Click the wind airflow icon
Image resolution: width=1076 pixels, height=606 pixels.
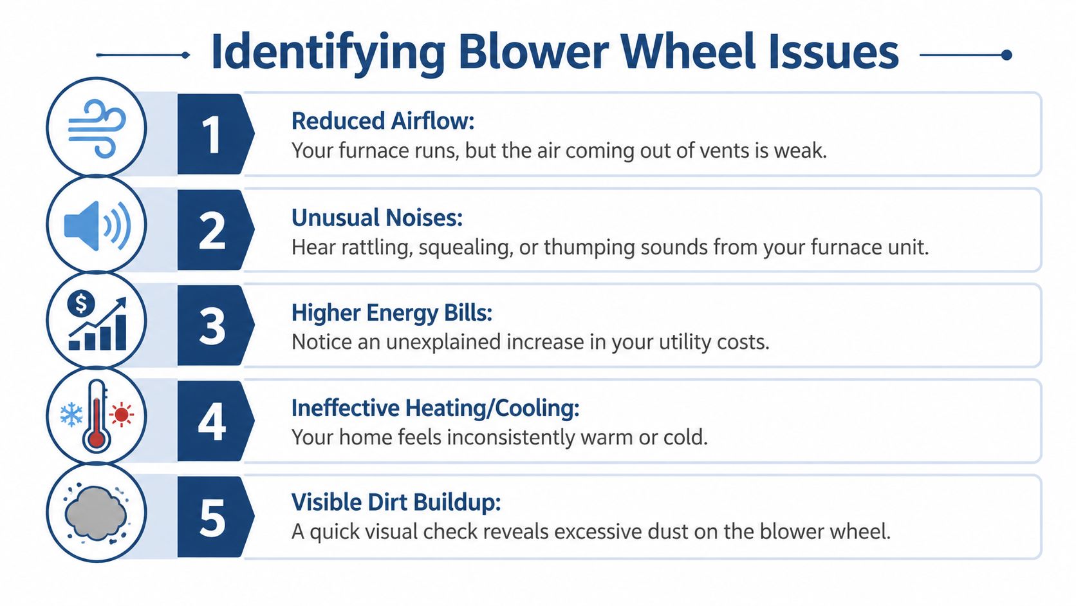coord(97,128)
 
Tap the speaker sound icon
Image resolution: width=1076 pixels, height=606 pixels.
coord(97,225)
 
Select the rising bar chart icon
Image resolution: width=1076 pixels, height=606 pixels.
coord(98,325)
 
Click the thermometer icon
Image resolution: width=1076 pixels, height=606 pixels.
coord(97,416)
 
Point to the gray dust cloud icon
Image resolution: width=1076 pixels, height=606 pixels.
coord(96,513)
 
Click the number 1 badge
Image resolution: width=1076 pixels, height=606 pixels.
coord(212,135)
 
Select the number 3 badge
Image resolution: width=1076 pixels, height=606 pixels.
coord(212,326)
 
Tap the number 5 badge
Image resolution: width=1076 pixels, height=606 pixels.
coord(212,518)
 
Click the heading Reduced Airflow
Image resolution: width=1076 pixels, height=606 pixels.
coord(382,121)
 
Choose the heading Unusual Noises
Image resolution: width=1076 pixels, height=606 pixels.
coord(376,218)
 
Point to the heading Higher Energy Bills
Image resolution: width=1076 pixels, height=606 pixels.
coord(391,313)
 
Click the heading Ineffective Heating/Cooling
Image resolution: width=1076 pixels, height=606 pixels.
coord(435,408)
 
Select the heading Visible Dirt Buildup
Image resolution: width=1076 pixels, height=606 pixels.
coord(396,502)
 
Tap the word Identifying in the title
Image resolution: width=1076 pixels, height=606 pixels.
coord(328,53)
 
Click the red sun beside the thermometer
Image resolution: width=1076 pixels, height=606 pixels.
coord(121,414)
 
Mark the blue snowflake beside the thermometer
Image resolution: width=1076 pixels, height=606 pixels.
coord(71,415)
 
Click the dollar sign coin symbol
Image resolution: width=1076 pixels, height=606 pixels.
coord(81,303)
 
